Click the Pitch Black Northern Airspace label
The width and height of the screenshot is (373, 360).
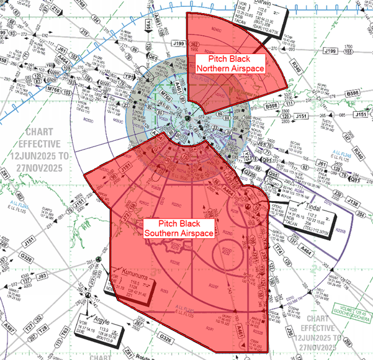tap(230, 64)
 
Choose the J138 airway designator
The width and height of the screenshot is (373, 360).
tap(353, 202)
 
